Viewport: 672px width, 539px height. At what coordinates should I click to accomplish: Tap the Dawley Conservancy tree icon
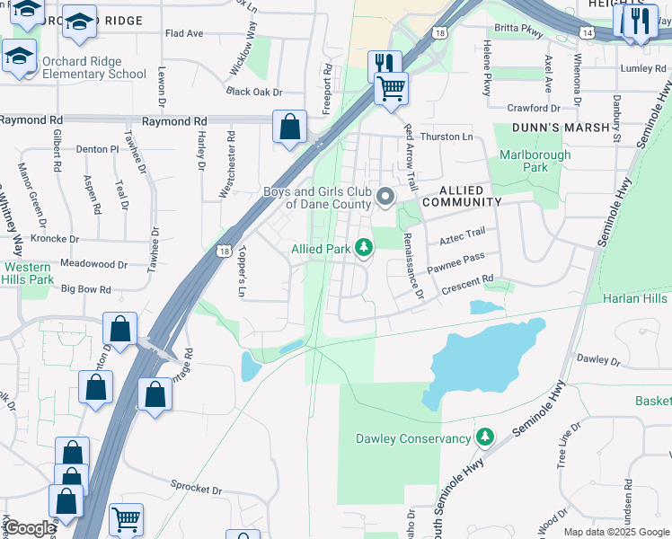click(485, 437)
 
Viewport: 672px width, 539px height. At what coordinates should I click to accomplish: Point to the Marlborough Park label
click(535, 161)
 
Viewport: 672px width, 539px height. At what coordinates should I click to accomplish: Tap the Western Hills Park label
click(27, 274)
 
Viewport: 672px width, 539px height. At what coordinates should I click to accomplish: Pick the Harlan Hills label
click(635, 298)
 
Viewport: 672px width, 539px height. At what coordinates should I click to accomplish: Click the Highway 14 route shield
click(586, 31)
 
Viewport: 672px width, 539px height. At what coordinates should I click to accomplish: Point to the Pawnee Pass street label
click(455, 262)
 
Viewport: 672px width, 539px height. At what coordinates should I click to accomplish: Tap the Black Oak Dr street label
click(254, 92)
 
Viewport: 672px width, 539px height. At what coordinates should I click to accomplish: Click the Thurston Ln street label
click(447, 137)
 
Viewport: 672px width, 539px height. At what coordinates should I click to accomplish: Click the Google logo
click(29, 528)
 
